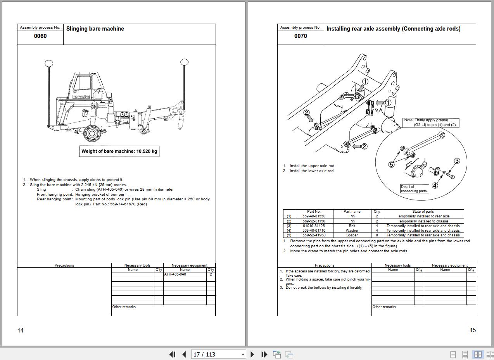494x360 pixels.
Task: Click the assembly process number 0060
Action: pyautogui.click(x=40, y=36)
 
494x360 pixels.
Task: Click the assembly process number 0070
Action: pyautogui.click(x=301, y=36)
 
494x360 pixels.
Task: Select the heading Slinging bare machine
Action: pyautogui.click(x=95, y=29)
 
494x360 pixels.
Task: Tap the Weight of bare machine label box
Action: pyautogui.click(x=119, y=151)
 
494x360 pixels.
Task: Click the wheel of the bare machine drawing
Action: pyautogui.click(x=92, y=133)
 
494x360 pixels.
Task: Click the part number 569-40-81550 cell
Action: pyautogui.click(x=314, y=216)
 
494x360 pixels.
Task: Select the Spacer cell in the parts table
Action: pyautogui.click(x=352, y=235)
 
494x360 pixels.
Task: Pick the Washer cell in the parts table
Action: pyautogui.click(x=352, y=231)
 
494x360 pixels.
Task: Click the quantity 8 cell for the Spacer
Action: pyautogui.click(x=377, y=235)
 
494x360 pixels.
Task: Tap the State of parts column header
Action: pyautogui.click(x=423, y=212)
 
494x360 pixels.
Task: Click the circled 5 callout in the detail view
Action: pyautogui.click(x=391, y=164)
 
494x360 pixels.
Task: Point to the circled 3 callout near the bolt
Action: pyautogui.click(x=457, y=161)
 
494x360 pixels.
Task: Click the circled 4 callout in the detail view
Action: pyautogui.click(x=435, y=185)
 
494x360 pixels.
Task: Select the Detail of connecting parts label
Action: pyautogui.click(x=414, y=189)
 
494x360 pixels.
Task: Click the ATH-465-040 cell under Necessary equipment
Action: pyautogui.click(x=185, y=274)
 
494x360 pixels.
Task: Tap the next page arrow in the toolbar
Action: pyautogui.click(x=252, y=354)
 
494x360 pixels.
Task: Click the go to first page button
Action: pyautogui.click(x=173, y=354)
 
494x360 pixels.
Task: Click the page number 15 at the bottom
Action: pyautogui.click(x=473, y=330)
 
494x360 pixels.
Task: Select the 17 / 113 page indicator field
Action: pyautogui.click(x=218, y=354)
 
